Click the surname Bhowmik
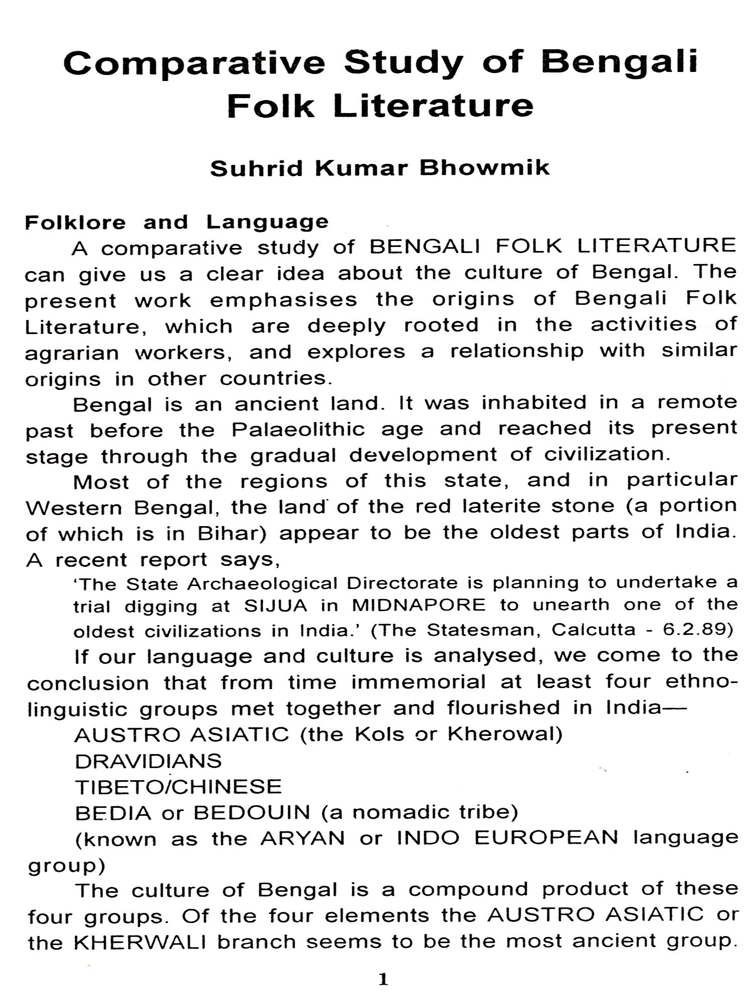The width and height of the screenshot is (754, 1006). pos(485,167)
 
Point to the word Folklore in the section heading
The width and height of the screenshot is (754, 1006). pos(75,222)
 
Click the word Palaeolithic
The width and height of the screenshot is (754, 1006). pos(298,430)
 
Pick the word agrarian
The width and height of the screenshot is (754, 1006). pos(72,354)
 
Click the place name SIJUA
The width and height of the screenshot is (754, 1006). pos(275,606)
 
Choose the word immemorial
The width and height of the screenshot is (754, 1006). pos(418,682)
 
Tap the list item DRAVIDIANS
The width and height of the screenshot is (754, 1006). pos(148,761)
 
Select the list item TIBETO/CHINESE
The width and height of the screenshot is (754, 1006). pos(178,786)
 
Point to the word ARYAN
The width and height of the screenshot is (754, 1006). pos(303,839)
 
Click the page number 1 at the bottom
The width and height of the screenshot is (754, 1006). pos(383,980)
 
